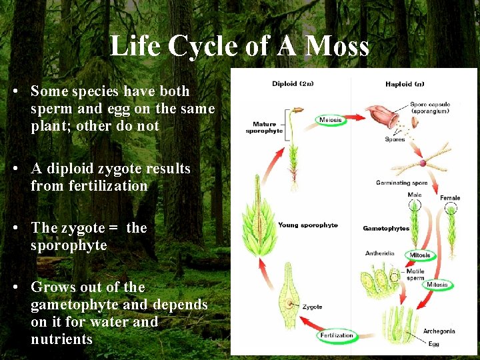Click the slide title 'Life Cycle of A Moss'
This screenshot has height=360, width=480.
[x=239, y=46]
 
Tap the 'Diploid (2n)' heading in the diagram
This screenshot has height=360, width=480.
[x=294, y=84]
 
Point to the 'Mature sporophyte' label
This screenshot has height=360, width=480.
[x=264, y=127]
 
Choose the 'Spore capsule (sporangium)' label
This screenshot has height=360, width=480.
[x=430, y=107]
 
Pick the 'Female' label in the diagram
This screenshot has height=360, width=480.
[x=450, y=198]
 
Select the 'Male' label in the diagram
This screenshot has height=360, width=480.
[x=415, y=195]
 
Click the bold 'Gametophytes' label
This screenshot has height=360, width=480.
[x=386, y=229]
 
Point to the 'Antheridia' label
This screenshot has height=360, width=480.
[x=380, y=253]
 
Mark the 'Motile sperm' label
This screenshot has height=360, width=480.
[x=415, y=275]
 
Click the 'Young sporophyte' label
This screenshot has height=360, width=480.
[x=308, y=225]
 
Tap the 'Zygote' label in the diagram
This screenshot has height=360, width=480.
[x=312, y=307]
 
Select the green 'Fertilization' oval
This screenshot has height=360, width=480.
[x=337, y=335]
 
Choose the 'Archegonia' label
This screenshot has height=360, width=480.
[x=439, y=331]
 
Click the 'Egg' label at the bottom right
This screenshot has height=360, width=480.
[x=434, y=345]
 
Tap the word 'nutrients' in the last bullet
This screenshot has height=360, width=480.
[x=61, y=339]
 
